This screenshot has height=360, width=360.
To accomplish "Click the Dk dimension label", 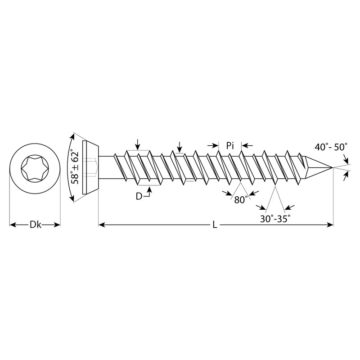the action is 36,225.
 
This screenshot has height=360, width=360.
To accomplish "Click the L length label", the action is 215,225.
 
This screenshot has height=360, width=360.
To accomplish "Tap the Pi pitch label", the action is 230,145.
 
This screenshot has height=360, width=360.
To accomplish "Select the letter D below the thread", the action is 139,196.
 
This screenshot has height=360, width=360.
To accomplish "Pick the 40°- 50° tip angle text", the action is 331,147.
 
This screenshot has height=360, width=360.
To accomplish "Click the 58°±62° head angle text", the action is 75,166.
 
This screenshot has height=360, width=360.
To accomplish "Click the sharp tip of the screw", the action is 333,167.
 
